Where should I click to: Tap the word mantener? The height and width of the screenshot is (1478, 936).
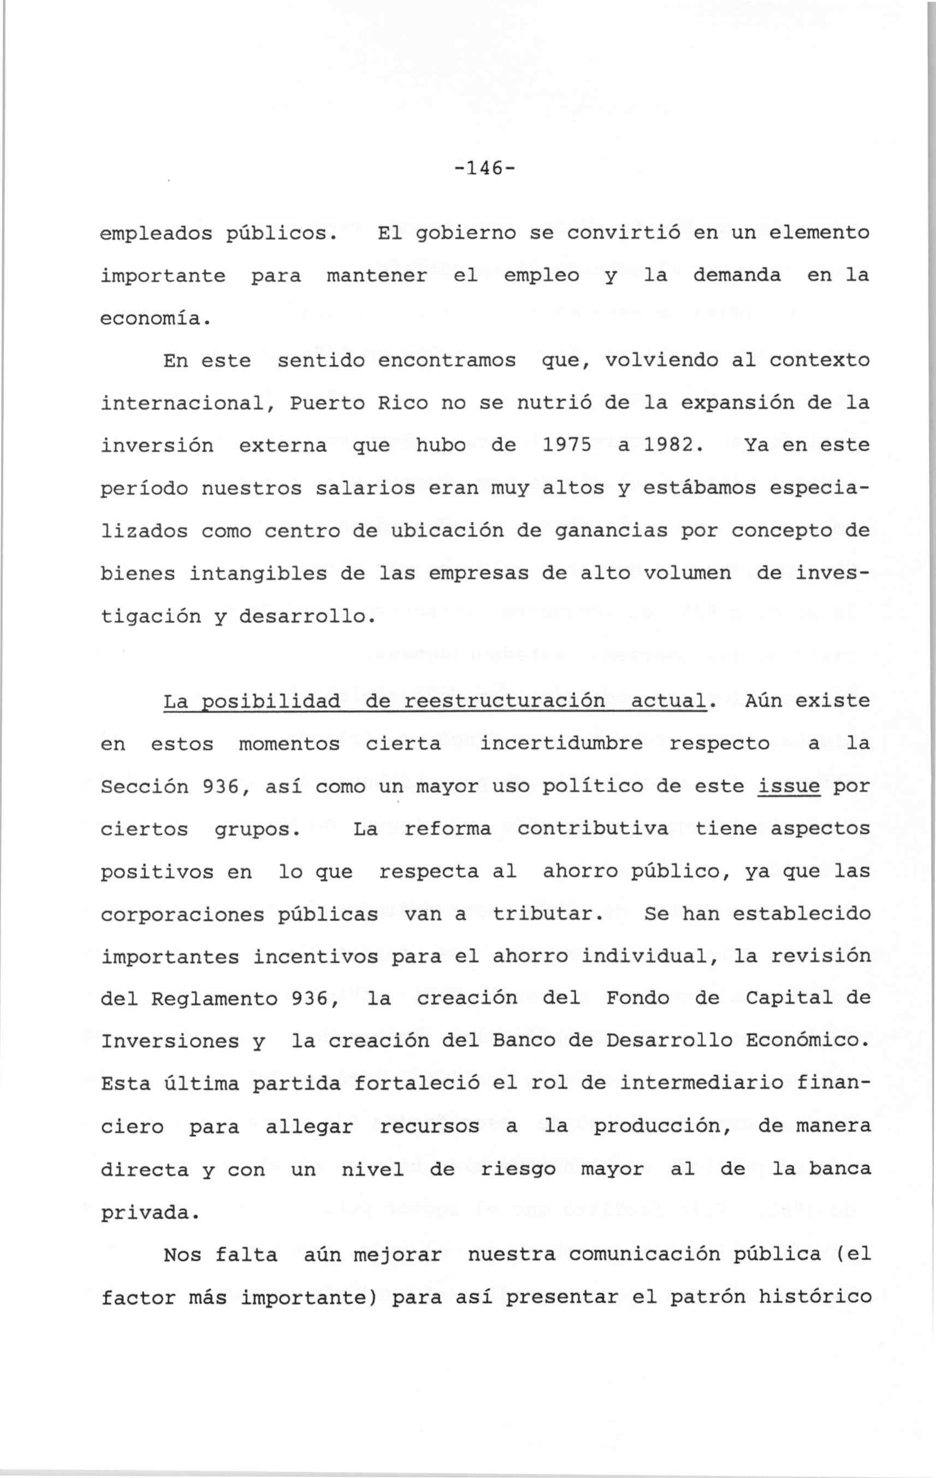click(376, 276)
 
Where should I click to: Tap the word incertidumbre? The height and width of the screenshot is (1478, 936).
click(561, 744)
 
